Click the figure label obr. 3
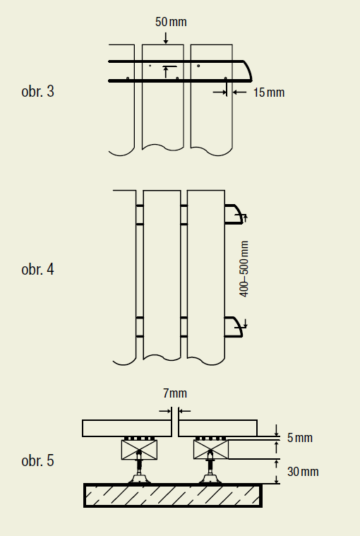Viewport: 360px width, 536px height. click(37, 91)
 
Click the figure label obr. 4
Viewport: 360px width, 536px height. click(37, 269)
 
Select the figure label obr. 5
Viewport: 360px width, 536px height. click(37, 460)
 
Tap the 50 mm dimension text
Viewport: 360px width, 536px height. click(171, 22)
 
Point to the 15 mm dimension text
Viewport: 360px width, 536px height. click(269, 93)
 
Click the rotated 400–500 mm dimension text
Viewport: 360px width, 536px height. click(244, 269)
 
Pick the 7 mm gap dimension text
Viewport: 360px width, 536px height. click(175, 393)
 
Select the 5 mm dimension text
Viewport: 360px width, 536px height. click(299, 438)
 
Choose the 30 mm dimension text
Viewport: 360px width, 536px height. click(303, 472)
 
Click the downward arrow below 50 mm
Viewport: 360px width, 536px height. click(166, 38)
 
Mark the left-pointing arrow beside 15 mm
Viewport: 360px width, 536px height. click(239, 92)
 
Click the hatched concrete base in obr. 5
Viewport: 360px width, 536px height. click(173, 495)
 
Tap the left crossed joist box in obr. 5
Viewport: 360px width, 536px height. click(139, 450)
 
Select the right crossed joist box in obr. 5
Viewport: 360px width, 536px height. click(211, 450)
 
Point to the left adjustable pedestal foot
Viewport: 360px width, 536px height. click(139, 472)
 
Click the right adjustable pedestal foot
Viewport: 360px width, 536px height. click(210, 472)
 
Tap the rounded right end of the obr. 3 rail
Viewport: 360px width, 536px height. click(248, 70)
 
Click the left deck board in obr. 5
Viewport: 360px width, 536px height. click(127, 429)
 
